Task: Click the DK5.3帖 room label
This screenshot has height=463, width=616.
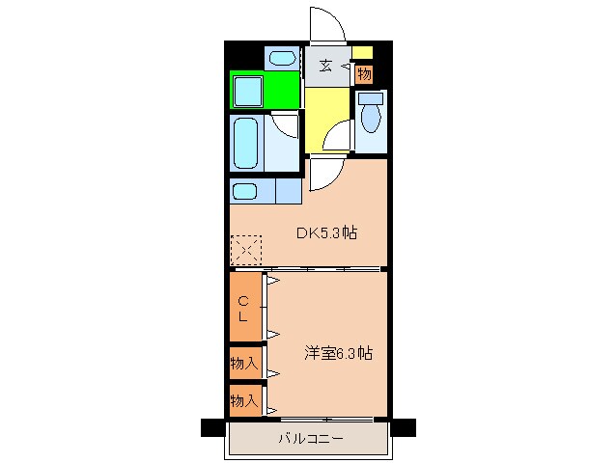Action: click(x=328, y=232)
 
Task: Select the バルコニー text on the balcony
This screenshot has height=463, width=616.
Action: click(x=310, y=438)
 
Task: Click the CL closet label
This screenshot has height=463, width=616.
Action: click(x=245, y=309)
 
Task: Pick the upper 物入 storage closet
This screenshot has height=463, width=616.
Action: click(x=245, y=364)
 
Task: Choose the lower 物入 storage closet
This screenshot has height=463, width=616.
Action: click(x=245, y=398)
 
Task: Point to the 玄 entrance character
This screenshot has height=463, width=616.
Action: click(x=326, y=67)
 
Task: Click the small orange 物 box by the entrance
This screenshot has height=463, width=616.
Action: click(x=363, y=73)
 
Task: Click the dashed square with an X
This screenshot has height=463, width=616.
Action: click(x=245, y=251)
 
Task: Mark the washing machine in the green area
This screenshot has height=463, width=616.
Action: click(x=251, y=93)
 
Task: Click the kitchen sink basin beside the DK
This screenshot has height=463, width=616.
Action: click(x=245, y=191)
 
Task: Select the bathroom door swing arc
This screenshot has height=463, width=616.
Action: click(x=286, y=123)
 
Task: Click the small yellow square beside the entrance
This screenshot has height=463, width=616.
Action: click(x=362, y=53)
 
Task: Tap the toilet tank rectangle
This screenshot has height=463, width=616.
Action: click(x=369, y=97)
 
